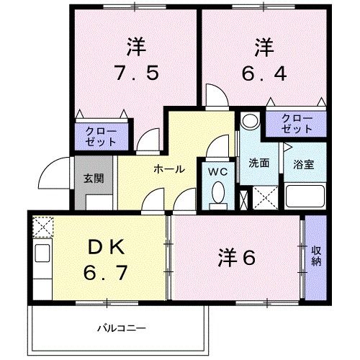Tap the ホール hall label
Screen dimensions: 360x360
[x=168, y=168]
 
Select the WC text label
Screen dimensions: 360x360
[x=218, y=171]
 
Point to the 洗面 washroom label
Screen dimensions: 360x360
[x=259, y=163]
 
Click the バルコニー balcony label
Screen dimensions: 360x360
[x=122, y=328]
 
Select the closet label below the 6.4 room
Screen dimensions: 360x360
[x=297, y=123]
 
